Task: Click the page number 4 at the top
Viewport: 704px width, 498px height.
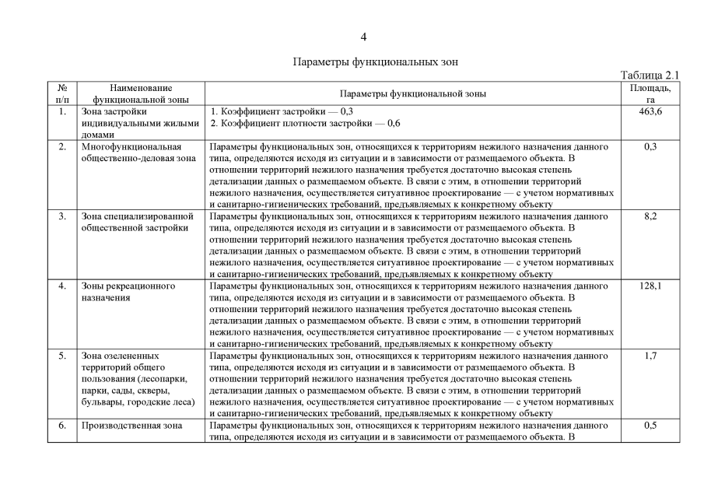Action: (363, 37)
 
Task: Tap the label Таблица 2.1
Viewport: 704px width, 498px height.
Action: (650, 75)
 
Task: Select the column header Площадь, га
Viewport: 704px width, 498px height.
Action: (650, 93)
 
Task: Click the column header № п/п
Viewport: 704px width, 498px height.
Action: (62, 93)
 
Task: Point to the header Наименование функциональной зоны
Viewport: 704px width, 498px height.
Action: (141, 93)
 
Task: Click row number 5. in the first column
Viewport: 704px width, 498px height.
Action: (62, 356)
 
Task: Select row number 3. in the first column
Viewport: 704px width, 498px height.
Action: (62, 216)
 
